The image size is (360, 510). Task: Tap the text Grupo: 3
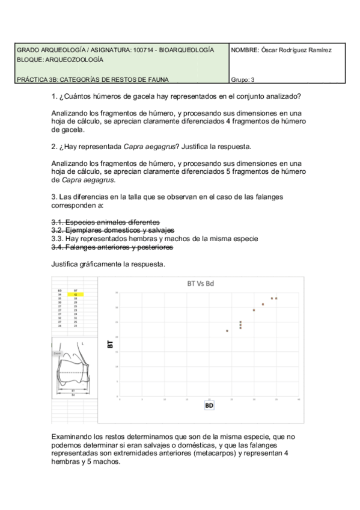[x=242, y=79]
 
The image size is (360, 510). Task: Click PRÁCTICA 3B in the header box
[x=37, y=79]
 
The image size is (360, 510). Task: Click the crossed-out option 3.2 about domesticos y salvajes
[x=112, y=230]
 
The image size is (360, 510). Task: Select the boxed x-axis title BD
[x=209, y=405]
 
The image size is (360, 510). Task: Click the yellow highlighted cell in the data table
[x=75, y=294]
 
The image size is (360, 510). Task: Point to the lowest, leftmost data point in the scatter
[x=227, y=331]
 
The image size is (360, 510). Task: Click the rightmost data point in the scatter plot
[x=276, y=298]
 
